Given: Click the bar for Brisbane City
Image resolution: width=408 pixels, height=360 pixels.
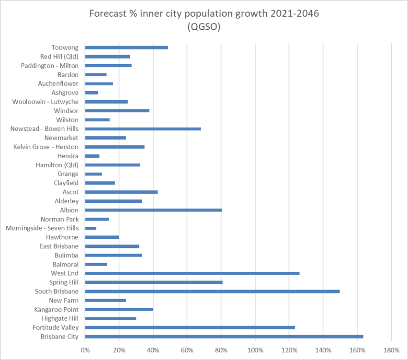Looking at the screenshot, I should [x=224, y=337].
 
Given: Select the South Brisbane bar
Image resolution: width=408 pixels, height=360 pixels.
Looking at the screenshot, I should [x=212, y=291].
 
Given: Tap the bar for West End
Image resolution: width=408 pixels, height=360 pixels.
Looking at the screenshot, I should [x=192, y=273].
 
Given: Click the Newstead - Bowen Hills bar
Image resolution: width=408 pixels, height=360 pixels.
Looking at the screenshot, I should [x=143, y=129].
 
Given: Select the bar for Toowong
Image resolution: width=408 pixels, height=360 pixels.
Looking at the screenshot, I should [x=126, y=47].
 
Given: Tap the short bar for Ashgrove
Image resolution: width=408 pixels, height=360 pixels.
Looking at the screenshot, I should [x=91, y=93].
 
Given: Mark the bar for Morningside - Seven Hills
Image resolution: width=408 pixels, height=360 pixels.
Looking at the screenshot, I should [x=91, y=228].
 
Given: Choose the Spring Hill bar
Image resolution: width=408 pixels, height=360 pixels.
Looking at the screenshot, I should [x=154, y=282].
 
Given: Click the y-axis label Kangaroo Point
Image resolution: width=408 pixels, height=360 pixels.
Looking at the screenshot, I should [x=56, y=310].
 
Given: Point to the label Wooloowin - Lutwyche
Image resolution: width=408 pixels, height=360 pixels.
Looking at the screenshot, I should [x=45, y=102].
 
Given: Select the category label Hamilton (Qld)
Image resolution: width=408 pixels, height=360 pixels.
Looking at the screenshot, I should [x=57, y=165].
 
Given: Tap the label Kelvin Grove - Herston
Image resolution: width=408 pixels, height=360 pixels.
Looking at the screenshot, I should [x=45, y=147].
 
